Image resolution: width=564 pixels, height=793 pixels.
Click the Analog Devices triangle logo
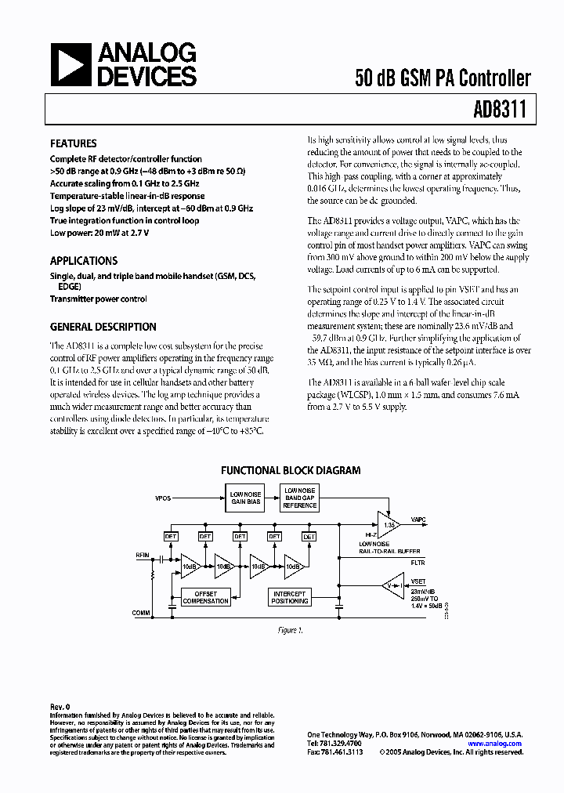click(70, 64)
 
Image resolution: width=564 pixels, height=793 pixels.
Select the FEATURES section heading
click(73, 144)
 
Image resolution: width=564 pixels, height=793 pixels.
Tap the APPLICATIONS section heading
click(84, 261)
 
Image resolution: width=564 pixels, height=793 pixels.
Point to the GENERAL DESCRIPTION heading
click(103, 327)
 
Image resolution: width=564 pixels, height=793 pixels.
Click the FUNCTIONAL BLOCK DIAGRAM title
click(291, 471)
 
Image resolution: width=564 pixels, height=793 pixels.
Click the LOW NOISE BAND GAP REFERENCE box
click(300, 497)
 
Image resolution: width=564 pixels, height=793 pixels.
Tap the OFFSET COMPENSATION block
click(205, 598)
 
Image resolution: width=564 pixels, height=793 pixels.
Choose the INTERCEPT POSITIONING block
click(290, 598)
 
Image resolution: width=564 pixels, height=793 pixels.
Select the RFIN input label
click(142, 555)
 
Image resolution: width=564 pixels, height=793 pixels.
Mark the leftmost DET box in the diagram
click(171, 537)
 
